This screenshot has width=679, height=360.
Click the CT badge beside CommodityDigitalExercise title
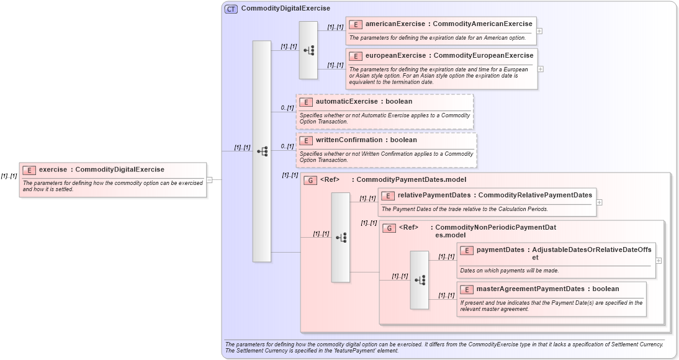pyautogui.click(x=231, y=9)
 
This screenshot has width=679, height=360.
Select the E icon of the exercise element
pyautogui.click(x=29, y=169)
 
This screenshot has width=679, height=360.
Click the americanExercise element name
pyautogui.click(x=395, y=24)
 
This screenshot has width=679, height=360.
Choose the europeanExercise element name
pyautogui.click(x=395, y=55)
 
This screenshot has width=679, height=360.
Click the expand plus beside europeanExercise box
pyautogui.click(x=541, y=69)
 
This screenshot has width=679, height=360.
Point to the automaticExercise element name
pyautogui.click(x=346, y=101)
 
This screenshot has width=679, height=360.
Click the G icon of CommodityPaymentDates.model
pyautogui.click(x=310, y=180)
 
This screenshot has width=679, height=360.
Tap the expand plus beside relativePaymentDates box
pyautogui.click(x=599, y=202)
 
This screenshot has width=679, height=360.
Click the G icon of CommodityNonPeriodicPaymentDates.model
pyautogui.click(x=389, y=228)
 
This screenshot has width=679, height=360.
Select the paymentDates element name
pyautogui.click(x=500, y=250)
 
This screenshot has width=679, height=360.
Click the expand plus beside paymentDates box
pyautogui.click(x=659, y=261)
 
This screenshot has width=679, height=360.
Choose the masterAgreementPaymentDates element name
pyautogui.click(x=530, y=289)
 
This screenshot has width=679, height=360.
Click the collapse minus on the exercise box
pyautogui.click(x=209, y=180)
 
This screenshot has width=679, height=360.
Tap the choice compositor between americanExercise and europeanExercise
pyautogui.click(x=308, y=50)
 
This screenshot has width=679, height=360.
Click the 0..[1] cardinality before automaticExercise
pyautogui.click(x=287, y=108)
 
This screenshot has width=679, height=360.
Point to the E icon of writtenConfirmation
pyautogui.click(x=305, y=140)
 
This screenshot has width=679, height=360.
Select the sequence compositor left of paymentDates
pyautogui.click(x=420, y=280)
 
